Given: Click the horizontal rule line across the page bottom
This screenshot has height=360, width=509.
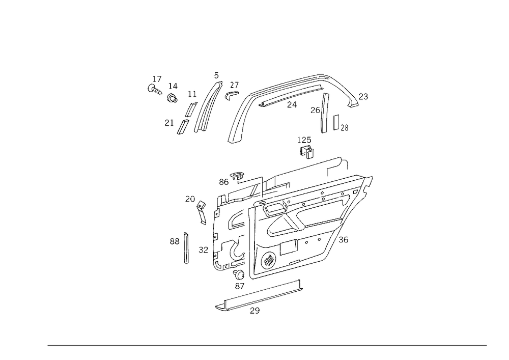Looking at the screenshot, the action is [267, 345].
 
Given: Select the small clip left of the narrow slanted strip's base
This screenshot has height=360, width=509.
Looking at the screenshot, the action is [168, 122].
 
